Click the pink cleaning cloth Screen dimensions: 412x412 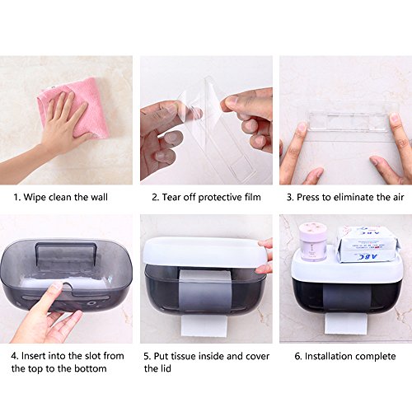click(x=80, y=107)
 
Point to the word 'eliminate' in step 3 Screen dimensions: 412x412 click(x=353, y=197)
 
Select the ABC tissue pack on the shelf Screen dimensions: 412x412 click(x=368, y=245)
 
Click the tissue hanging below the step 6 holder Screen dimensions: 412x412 click(x=345, y=324)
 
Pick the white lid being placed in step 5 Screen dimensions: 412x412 click(x=204, y=252)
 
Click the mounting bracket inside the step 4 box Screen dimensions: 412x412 click(x=66, y=255)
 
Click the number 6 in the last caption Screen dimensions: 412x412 click(x=297, y=357)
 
